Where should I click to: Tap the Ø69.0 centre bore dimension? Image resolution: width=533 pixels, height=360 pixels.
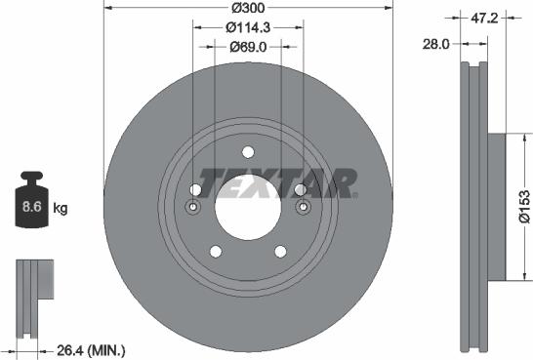click(247, 46)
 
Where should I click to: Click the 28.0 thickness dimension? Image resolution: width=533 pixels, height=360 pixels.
click(436, 44)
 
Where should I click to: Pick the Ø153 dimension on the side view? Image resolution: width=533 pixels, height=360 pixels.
click(523, 207)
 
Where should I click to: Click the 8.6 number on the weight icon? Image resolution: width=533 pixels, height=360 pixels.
click(30, 208)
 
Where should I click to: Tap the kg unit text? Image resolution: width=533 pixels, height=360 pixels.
click(61, 209)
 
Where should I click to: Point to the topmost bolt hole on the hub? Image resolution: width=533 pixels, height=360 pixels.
click(247, 151)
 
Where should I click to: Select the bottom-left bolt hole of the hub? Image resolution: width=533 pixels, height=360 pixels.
click(215, 251)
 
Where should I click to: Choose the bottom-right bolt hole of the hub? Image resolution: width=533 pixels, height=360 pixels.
click(279, 251)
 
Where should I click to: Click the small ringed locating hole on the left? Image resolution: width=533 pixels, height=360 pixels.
click(193, 207)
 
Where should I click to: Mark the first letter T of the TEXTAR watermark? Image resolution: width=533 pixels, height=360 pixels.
click(210, 182)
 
